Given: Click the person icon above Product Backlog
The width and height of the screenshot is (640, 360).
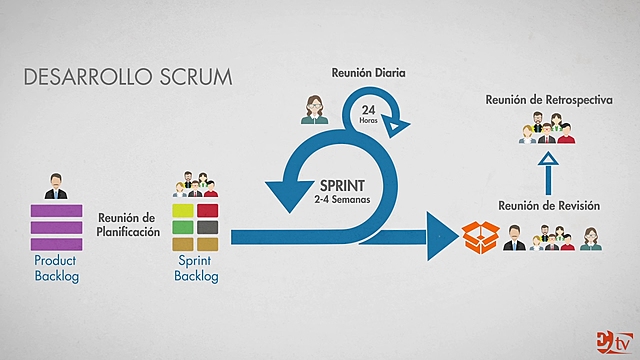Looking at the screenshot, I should (x=55, y=186).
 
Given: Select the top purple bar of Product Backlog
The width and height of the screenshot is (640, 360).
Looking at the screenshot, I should (x=55, y=210).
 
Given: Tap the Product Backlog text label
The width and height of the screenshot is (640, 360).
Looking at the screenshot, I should (x=55, y=268).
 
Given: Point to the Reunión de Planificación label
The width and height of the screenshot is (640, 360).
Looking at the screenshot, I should (x=128, y=225).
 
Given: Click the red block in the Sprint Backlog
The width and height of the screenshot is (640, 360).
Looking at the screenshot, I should (x=208, y=211).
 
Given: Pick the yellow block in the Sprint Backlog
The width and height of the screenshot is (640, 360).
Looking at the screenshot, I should (x=184, y=211).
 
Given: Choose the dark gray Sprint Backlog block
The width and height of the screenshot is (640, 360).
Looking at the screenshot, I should (x=208, y=227).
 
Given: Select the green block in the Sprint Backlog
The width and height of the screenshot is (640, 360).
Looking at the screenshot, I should (x=184, y=227).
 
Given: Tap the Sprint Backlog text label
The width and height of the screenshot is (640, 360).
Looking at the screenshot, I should (x=196, y=268).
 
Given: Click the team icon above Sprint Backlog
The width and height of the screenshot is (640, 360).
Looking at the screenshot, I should (x=196, y=187).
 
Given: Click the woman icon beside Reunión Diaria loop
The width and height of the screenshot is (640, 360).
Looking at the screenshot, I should (x=314, y=109).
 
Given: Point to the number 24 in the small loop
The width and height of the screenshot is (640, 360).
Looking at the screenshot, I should (x=368, y=108).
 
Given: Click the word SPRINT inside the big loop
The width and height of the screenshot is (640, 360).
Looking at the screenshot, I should (x=343, y=185).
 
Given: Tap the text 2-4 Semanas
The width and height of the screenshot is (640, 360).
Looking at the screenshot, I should (x=342, y=200).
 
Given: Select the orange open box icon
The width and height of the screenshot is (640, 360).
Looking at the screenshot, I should (x=478, y=237).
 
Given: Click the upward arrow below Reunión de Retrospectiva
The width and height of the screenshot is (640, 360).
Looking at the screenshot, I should (x=546, y=174).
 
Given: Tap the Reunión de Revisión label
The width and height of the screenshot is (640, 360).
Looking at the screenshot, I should (x=548, y=206).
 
